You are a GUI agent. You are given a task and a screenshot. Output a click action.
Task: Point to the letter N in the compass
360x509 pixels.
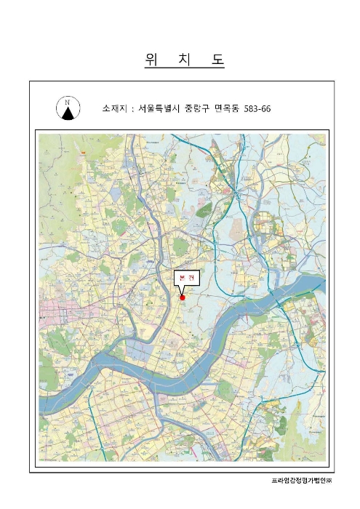pos(68,103)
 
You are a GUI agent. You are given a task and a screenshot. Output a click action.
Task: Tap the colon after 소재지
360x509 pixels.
pos(132,108)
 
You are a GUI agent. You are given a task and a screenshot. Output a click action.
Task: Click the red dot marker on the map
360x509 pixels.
pos(183,297)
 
